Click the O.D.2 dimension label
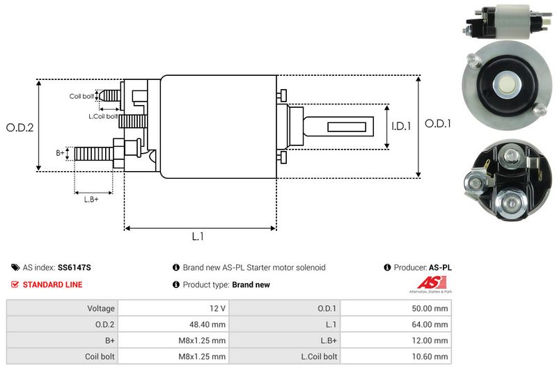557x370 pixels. pos(20,127)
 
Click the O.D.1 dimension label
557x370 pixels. pos(439,124)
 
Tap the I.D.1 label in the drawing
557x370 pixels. pos(401,127)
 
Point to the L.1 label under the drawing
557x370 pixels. pos(198,236)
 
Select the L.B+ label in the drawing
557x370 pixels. pos(91,200)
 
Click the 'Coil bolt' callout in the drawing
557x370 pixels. pos(81,96)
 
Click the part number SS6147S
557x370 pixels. pos(74,268)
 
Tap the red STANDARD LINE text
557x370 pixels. pos(52,284)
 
